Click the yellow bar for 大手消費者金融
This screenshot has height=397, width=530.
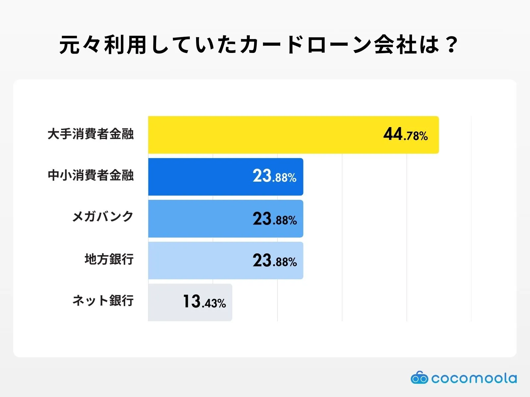[265, 135]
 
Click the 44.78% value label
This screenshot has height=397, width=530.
[405, 135]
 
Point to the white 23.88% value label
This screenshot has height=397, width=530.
[275, 176]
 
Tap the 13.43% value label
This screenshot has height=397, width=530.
[204, 302]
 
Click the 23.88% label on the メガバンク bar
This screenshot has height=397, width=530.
[275, 219]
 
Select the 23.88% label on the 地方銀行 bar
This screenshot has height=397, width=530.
[275, 261]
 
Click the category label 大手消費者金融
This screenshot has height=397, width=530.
[90, 134]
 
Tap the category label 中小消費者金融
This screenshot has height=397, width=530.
[90, 175]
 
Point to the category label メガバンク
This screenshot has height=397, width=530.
[103, 217]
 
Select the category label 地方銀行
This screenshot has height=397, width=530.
[109, 259]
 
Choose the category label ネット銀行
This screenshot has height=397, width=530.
[103, 301]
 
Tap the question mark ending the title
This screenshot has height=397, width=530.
[451, 45]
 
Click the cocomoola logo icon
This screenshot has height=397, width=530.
[419, 378]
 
